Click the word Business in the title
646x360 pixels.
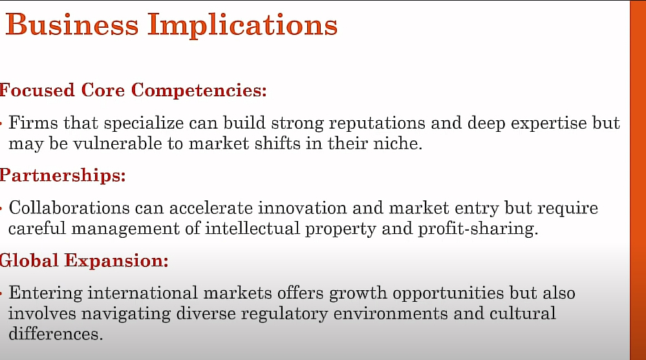click(72, 25)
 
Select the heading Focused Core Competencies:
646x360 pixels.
click(133, 90)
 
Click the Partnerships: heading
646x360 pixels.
click(63, 175)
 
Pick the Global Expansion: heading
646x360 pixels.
click(84, 260)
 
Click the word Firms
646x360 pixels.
click(34, 123)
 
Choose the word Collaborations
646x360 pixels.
click(69, 207)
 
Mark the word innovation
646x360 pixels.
click(303, 207)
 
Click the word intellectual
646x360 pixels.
click(252, 228)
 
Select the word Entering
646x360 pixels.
click(46, 293)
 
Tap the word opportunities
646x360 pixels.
click(448, 293)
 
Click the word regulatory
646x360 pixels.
click(285, 314)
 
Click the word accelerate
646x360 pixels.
click(211, 207)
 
